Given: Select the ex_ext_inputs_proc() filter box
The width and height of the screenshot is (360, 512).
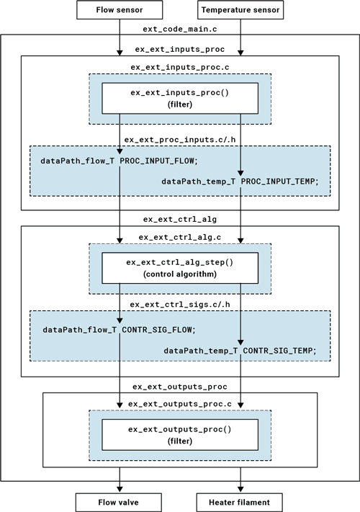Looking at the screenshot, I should point(180,99).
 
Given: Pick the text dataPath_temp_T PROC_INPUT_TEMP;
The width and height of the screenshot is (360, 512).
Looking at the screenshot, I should point(240,181).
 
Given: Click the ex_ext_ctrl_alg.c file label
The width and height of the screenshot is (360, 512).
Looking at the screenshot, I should point(179,237).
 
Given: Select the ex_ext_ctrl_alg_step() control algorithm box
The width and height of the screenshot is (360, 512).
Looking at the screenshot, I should point(180,268).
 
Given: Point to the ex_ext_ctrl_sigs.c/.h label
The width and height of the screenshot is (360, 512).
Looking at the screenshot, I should point(179,305).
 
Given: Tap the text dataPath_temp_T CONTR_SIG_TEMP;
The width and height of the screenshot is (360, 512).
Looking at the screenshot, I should point(240,350).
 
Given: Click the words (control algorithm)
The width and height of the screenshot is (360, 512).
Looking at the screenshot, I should point(180,274).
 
